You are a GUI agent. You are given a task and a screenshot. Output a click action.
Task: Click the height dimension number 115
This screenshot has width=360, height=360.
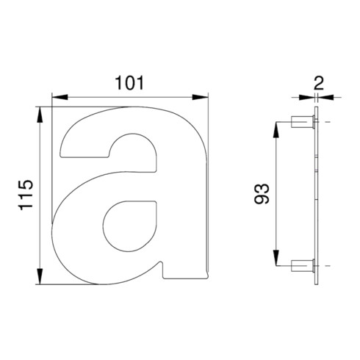pyautogui.click(x=26, y=196)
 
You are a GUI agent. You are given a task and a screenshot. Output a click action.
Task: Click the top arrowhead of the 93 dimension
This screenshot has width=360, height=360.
pyautogui.click(x=278, y=126)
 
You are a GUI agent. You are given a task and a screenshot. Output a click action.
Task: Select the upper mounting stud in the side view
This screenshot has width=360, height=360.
pyautogui.click(x=301, y=121)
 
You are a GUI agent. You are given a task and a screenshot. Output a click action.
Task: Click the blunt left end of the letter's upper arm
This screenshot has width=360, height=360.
pyautogui.click(x=63, y=150)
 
